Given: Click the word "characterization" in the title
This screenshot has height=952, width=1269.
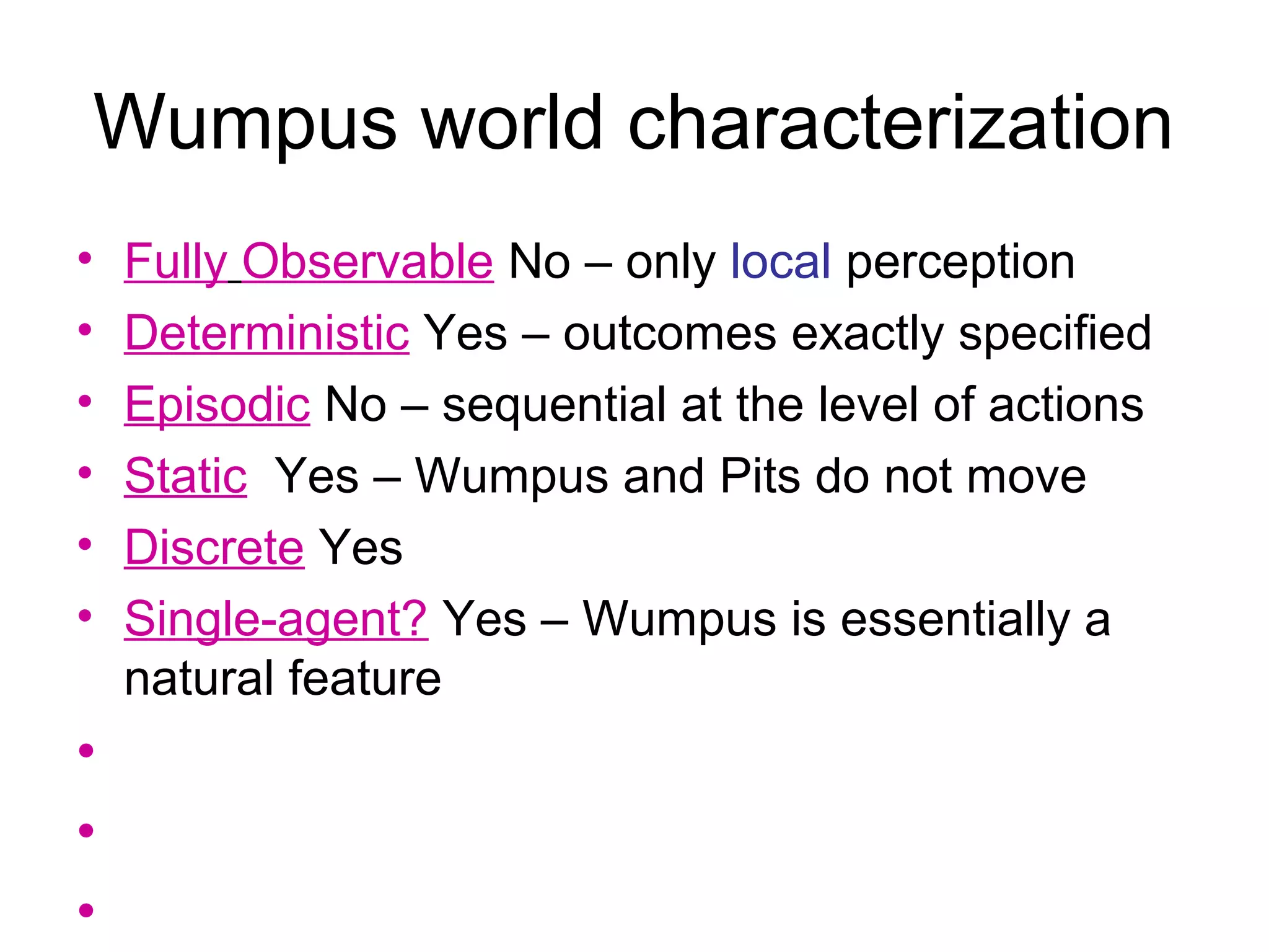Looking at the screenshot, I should (900, 122).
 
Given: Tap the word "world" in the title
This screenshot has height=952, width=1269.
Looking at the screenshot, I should (512, 122).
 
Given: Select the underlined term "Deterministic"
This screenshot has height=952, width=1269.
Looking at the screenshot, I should (266, 333).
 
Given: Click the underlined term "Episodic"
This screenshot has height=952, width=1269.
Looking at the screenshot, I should (217, 405).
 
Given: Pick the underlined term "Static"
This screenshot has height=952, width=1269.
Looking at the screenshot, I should (186, 476).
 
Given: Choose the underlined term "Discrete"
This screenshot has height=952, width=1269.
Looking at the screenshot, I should (214, 547).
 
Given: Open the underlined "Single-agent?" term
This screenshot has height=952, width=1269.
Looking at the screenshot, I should (276, 619).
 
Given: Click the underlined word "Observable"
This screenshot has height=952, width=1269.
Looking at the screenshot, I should (368, 262).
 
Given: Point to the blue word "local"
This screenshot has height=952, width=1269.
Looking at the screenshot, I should (780, 262).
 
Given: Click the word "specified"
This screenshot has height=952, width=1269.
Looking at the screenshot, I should (1055, 333).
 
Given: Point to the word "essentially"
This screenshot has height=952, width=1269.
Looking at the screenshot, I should (955, 619).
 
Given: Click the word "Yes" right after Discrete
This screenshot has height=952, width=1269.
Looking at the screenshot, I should (360, 547).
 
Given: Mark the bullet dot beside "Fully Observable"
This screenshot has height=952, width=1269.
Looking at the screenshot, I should (86, 258).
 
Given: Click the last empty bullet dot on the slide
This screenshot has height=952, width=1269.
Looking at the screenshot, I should (86, 910).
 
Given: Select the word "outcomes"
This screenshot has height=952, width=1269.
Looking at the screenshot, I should (669, 333).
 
